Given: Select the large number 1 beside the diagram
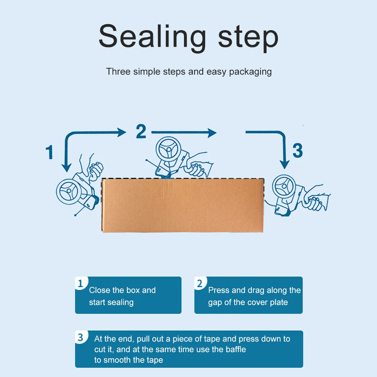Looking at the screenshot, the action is coord(49,152).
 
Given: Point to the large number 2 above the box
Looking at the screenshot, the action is coord(141,132).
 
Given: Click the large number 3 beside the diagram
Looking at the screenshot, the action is coord(297,150).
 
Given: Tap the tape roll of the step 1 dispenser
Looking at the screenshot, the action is coord(69,192).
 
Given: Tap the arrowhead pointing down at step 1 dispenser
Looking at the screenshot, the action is coord(66,166).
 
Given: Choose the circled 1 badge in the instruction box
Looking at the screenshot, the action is coord(80,284).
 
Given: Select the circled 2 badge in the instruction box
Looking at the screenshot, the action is coord(199,284).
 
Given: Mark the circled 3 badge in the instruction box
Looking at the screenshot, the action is coord(80,337).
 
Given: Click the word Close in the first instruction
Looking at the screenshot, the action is coord(100,290).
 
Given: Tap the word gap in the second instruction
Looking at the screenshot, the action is coord(215,302).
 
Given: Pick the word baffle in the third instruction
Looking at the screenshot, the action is coord(236,349).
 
